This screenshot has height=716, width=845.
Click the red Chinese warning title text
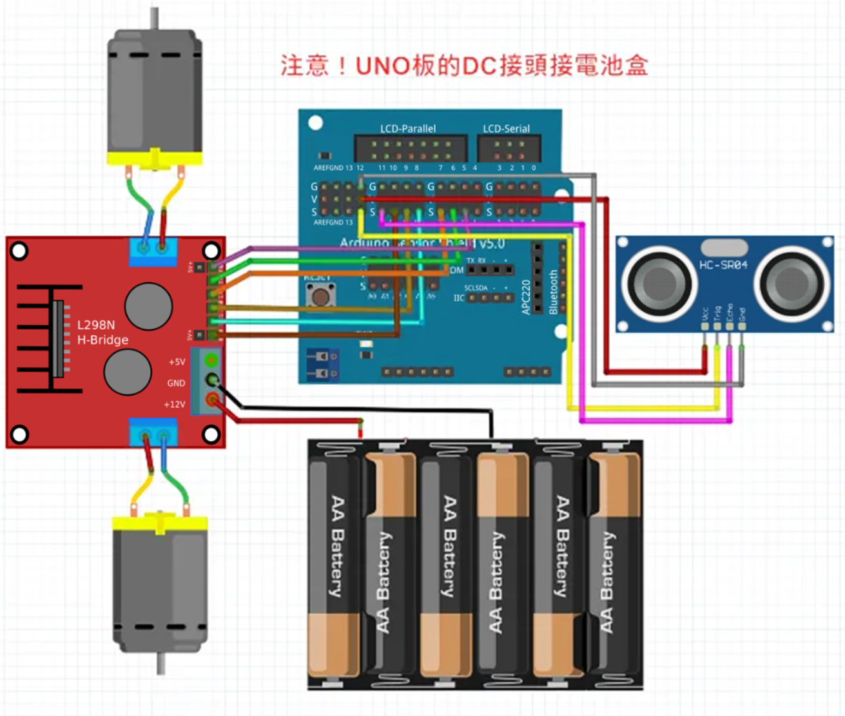tap(464, 66)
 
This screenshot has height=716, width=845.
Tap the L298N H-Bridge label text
tap(102, 333)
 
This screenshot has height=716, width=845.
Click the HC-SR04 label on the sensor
tap(723, 265)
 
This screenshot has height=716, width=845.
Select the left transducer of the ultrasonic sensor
tap(659, 282)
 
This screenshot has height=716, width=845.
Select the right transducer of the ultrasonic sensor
tap(792, 282)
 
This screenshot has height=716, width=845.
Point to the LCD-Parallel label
tap(407, 128)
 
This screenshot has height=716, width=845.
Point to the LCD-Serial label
tap(506, 128)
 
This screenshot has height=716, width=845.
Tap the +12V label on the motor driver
tap(174, 405)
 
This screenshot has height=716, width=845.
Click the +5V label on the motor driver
tap(177, 362)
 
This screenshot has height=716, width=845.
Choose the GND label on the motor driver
tap(176, 383)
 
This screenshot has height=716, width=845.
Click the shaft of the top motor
tap(154, 18)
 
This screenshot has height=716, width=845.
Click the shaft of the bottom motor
tap(160, 664)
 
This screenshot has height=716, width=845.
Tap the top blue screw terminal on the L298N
tap(153, 252)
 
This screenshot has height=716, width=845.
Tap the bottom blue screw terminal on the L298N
tap(153, 432)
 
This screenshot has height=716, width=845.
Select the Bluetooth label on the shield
tap(553, 292)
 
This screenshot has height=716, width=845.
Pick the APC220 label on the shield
tap(526, 297)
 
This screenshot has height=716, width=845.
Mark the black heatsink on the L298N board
tap(48, 339)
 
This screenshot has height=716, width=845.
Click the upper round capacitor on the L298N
tap(148, 306)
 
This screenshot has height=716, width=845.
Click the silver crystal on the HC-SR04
tap(724, 247)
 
